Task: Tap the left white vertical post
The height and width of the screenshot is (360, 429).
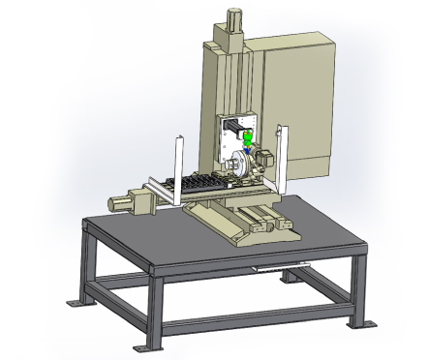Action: [180, 168]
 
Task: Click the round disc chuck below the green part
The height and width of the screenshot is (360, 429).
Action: [240, 165]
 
